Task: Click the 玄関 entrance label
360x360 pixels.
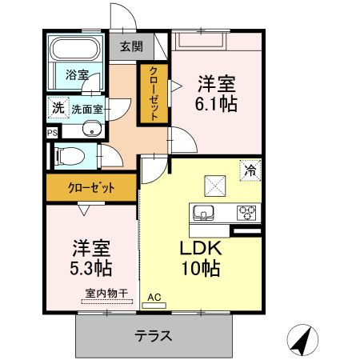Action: [x=132, y=46]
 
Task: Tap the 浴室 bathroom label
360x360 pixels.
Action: [x=77, y=75]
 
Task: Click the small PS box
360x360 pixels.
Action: [x=52, y=133]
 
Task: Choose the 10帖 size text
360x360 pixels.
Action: [x=200, y=268]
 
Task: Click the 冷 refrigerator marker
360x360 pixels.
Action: [x=250, y=170]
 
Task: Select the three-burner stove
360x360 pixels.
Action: [x=247, y=213]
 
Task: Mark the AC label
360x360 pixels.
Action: [x=154, y=298]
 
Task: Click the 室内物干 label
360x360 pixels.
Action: [x=107, y=294]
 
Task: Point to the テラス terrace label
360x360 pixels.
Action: [x=154, y=336]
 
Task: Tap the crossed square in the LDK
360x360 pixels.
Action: [x=215, y=186]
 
